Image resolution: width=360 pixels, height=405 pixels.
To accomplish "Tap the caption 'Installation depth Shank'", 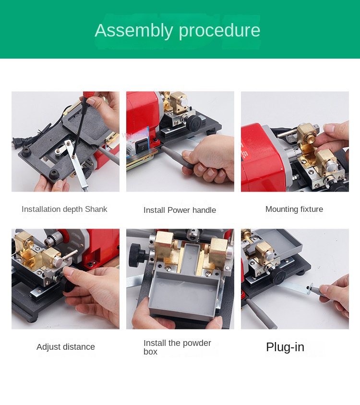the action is (64, 209).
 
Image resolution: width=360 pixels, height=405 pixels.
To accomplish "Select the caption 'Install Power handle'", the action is (180, 210).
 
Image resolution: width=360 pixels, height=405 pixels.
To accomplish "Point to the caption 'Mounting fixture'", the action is (294, 209).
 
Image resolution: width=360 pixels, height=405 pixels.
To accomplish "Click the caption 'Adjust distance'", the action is (66, 346).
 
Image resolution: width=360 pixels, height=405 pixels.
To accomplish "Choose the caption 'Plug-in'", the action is (285, 347).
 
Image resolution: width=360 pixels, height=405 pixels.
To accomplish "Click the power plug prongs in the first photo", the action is (15, 142).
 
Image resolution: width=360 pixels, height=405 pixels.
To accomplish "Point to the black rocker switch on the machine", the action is (142, 146).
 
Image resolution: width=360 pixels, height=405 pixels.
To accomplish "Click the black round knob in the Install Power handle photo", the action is (193, 123).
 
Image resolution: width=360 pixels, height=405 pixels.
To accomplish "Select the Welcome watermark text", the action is (134, 135).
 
